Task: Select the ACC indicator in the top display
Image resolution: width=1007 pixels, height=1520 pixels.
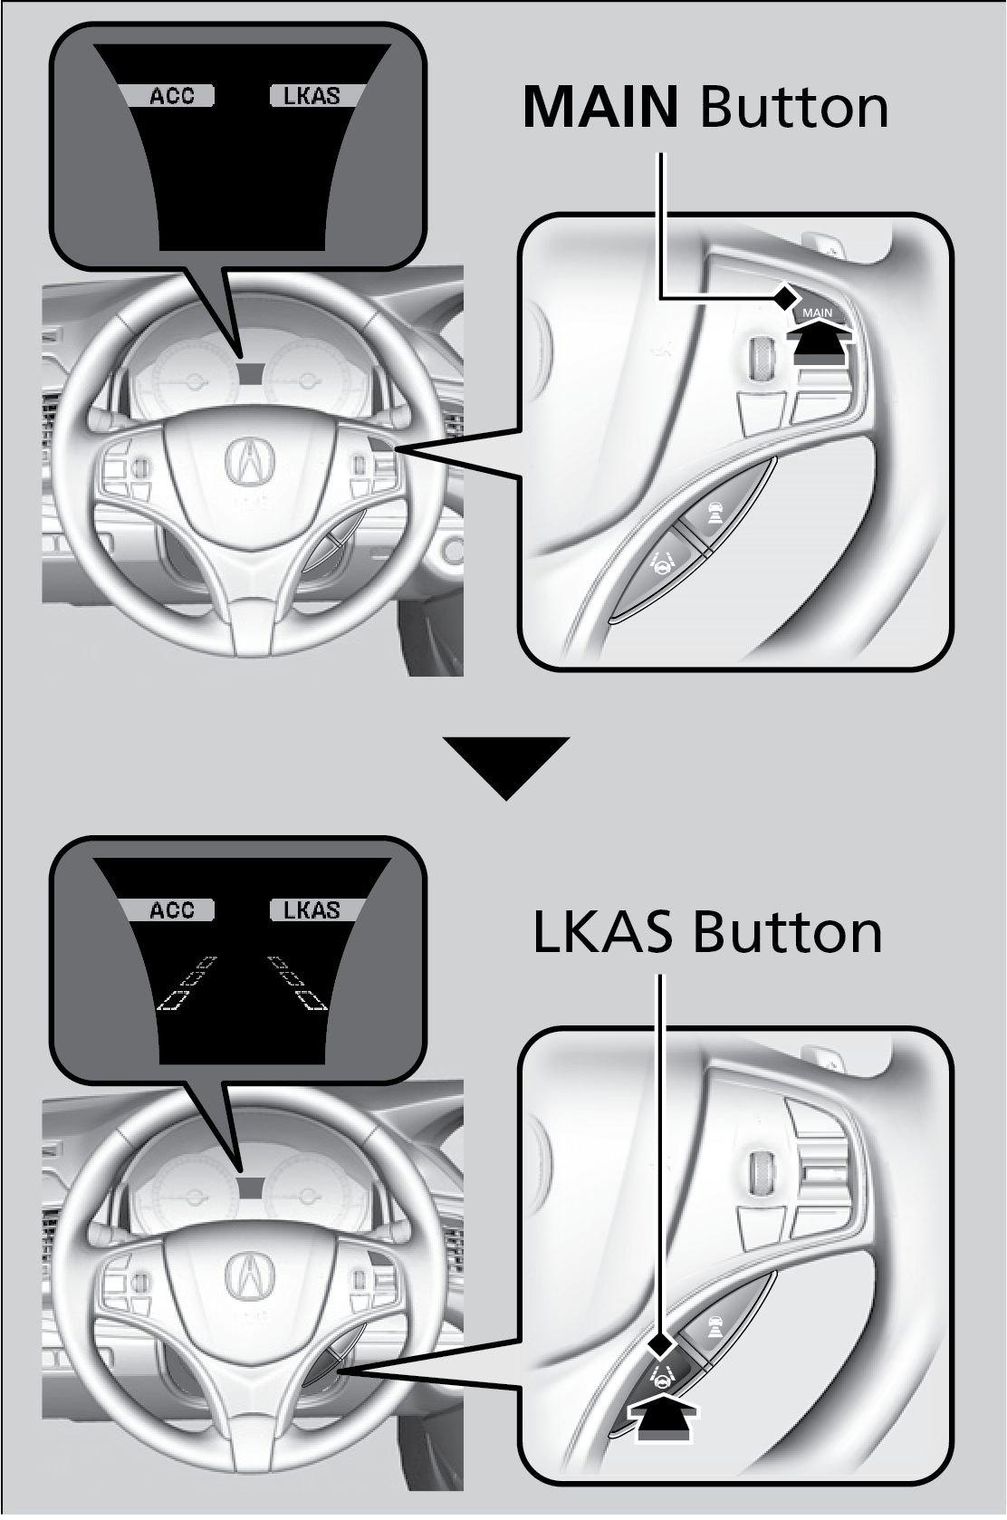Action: pyautogui.click(x=171, y=96)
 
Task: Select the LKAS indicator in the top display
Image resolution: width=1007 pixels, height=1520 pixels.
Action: pyautogui.click(x=312, y=96)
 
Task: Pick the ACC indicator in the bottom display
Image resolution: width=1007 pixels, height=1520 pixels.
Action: pyautogui.click(x=171, y=909)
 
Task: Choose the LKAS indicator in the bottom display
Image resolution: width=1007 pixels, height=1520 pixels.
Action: pyautogui.click(x=312, y=909)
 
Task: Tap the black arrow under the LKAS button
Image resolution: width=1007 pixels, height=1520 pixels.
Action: pyautogui.click(x=667, y=1417)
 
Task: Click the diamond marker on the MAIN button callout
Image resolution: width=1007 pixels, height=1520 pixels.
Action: pyautogui.click(x=786, y=296)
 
